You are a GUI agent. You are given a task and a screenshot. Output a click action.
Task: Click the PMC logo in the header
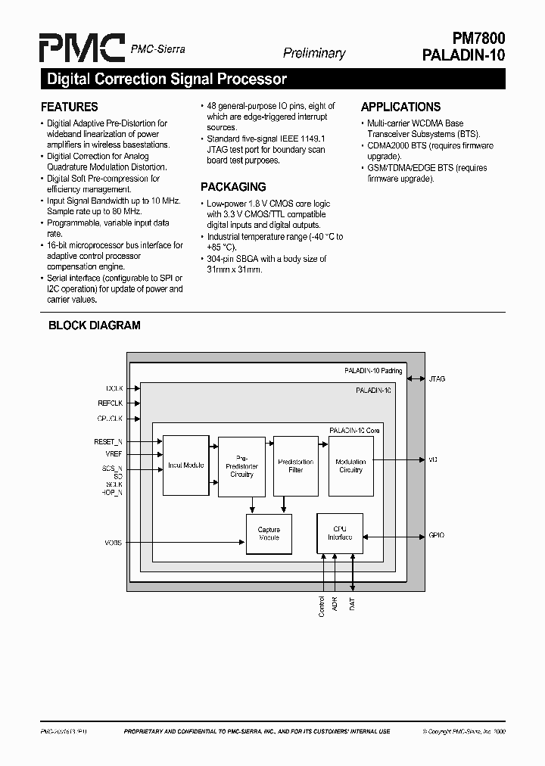pyautogui.click(x=83, y=48)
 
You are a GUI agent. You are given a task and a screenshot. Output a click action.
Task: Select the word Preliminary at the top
pyautogui.click(x=313, y=53)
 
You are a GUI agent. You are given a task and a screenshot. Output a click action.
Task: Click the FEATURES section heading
pyautogui.click(x=69, y=107)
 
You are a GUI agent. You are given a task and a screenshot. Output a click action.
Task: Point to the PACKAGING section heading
pyautogui.click(x=232, y=187)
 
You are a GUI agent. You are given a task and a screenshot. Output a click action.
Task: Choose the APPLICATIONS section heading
pyautogui.click(x=400, y=107)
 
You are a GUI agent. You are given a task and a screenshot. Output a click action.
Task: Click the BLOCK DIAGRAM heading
pyautogui.click(x=94, y=325)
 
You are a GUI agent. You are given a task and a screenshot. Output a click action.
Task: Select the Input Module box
pyautogui.click(x=185, y=466)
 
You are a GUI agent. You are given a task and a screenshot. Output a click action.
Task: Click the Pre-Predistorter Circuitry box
pyautogui.click(x=241, y=466)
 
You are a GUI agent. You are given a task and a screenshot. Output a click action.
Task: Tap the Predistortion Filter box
pyautogui.click(x=295, y=466)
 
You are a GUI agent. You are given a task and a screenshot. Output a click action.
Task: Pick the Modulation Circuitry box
pyautogui.click(x=350, y=466)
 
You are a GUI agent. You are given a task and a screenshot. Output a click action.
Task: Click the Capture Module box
pyautogui.click(x=269, y=534)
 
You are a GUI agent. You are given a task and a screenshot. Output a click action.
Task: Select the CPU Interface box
pyautogui.click(x=339, y=533)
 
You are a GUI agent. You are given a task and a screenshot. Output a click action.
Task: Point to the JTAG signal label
pyautogui.click(x=438, y=378)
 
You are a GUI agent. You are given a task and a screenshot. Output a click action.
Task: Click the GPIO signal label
pyautogui.click(x=437, y=535)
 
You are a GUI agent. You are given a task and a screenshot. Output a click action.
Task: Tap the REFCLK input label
pyautogui.click(x=110, y=403)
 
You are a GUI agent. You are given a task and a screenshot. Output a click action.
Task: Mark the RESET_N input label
pyautogui.click(x=108, y=441)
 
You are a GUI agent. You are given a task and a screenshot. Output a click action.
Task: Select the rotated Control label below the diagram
pyautogui.click(x=322, y=607)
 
